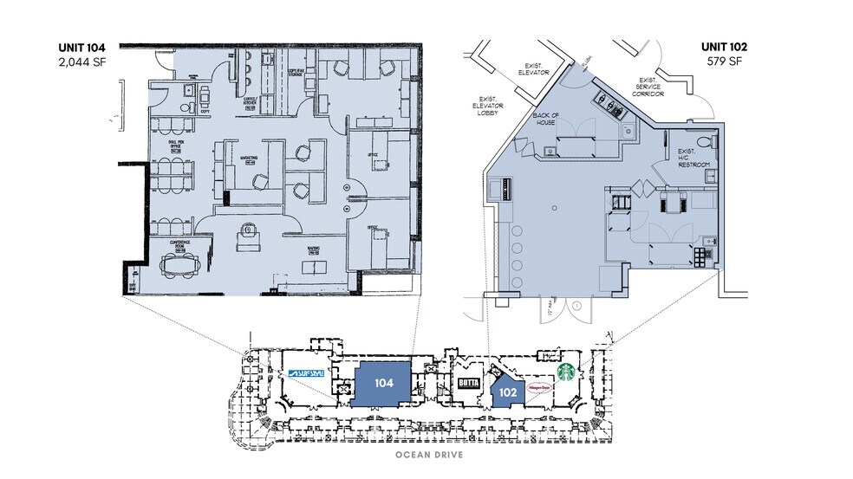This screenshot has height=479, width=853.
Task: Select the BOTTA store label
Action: (x=468, y=385)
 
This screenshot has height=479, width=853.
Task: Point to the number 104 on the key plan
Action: (x=384, y=382)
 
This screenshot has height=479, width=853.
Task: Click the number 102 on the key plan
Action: (x=508, y=392)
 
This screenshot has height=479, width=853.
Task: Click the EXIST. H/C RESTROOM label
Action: (x=693, y=157)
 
